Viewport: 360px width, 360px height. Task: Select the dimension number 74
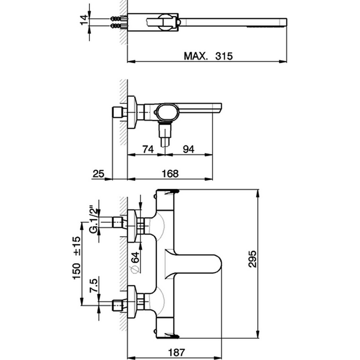point(148,149)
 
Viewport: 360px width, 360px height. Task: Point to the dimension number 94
point(188,149)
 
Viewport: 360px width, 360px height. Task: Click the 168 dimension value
point(166,174)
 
